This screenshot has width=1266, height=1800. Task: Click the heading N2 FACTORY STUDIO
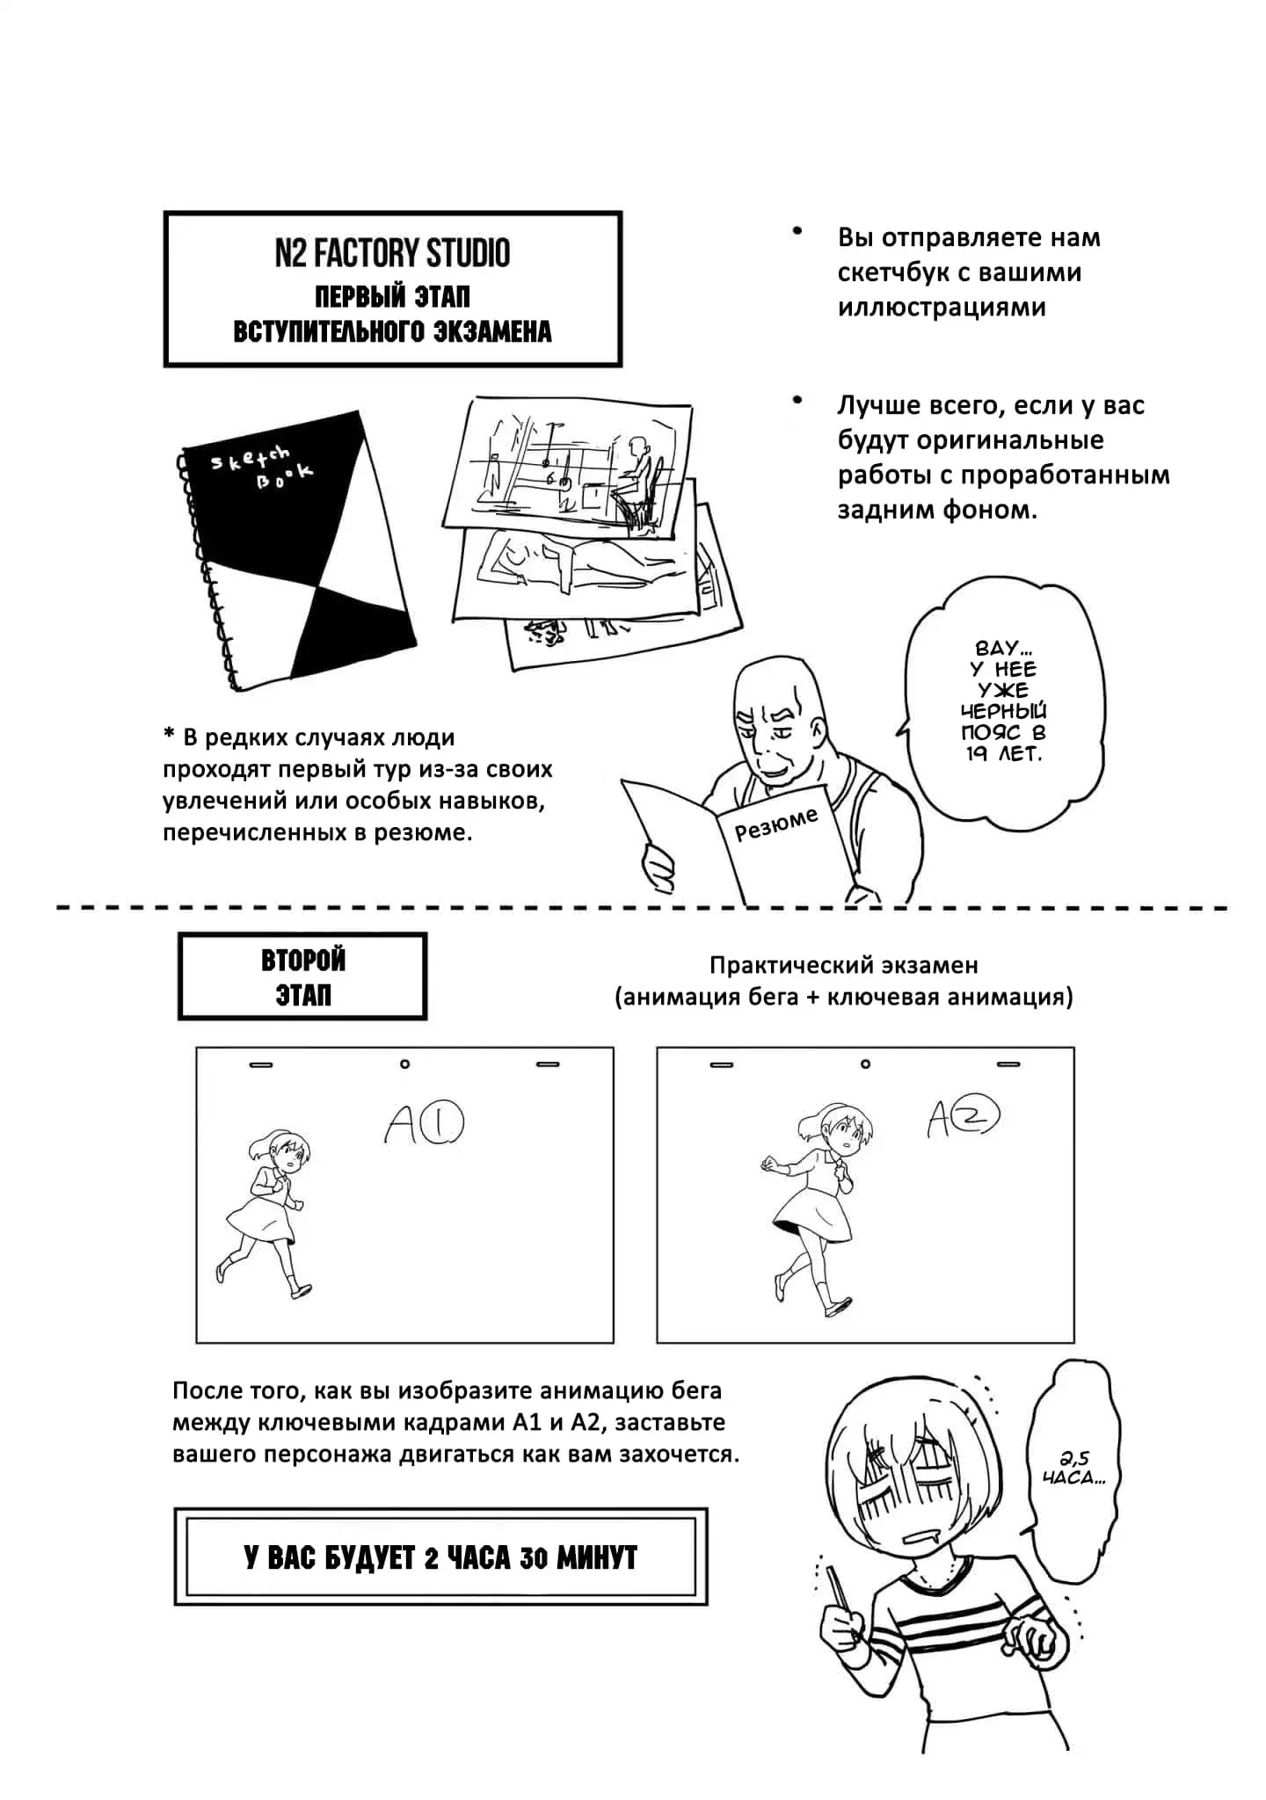[x=392, y=253]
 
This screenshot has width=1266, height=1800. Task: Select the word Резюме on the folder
[x=777, y=824]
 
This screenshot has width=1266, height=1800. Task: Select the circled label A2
[x=964, y=1117]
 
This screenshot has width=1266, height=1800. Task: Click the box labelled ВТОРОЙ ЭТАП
[x=302, y=976]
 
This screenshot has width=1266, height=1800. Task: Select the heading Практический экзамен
[x=844, y=965]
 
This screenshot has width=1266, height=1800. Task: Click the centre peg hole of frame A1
[x=404, y=1064]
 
